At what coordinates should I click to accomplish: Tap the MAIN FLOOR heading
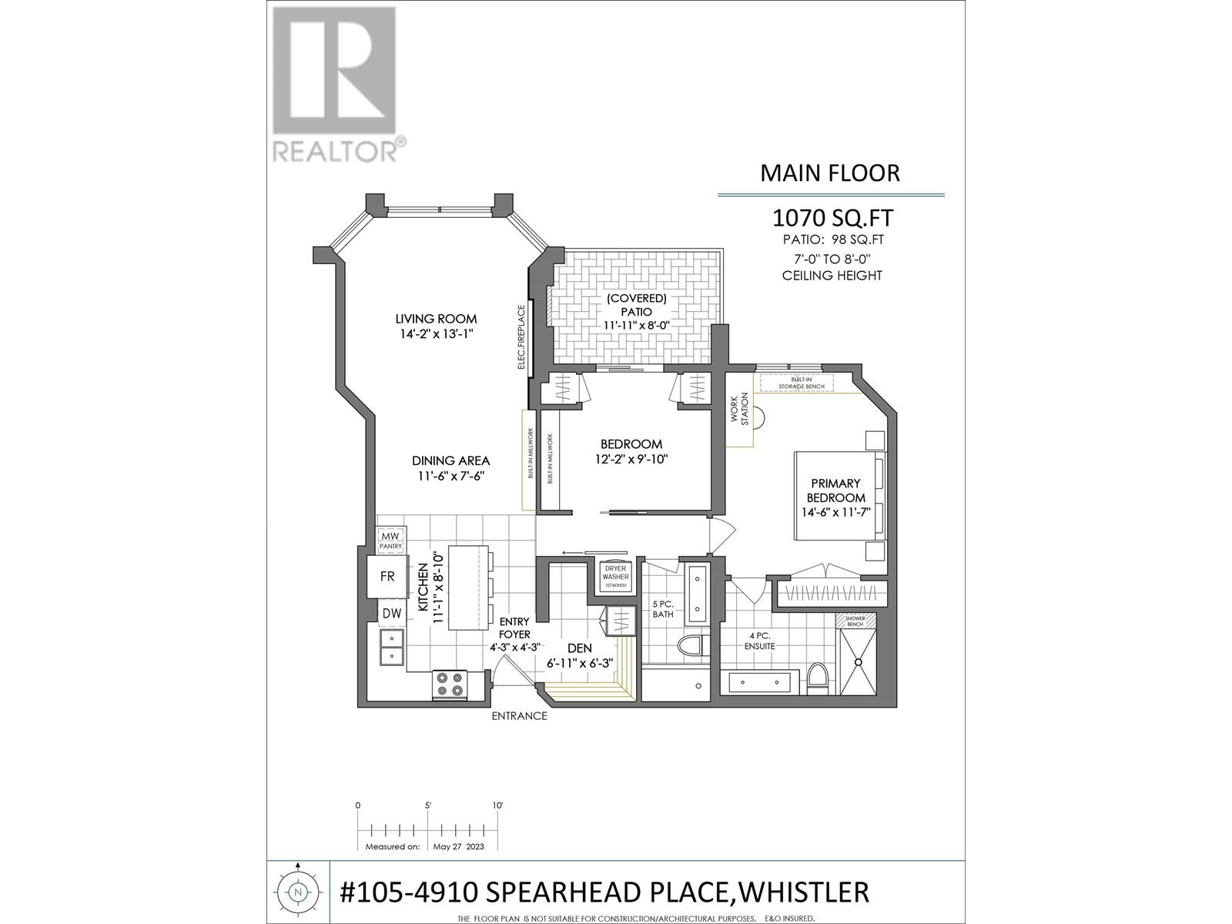coord(829,172)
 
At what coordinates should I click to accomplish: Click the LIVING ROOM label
coord(436,319)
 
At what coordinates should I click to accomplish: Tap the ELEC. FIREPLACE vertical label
coord(521,337)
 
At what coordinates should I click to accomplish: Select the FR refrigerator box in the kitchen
coord(387,576)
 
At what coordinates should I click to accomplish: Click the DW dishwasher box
coord(391,614)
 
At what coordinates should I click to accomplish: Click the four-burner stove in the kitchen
coord(450,684)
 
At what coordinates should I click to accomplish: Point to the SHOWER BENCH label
coord(855,621)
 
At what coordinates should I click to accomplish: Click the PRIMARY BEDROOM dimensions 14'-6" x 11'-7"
coord(835,512)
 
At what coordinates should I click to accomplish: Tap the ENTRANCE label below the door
coord(520,716)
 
